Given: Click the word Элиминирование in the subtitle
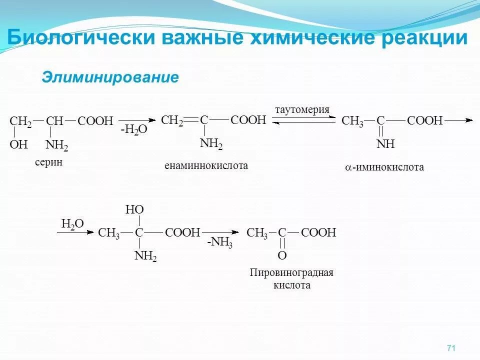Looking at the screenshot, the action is (x=110, y=77).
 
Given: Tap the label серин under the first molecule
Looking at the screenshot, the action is (x=48, y=162).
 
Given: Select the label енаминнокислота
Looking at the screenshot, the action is (x=206, y=165).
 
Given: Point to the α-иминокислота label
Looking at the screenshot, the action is (x=384, y=167).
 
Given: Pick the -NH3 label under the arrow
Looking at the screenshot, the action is (x=220, y=243).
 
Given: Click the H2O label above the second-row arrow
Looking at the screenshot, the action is (x=72, y=223).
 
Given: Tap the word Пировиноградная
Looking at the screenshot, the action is (x=291, y=273).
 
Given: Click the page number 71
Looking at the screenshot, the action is (x=450, y=348).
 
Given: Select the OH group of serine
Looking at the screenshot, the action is (x=18, y=145).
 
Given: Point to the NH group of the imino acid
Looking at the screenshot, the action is (x=385, y=145).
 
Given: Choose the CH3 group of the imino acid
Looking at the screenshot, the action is (x=352, y=121).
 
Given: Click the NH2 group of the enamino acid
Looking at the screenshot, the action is (x=211, y=144).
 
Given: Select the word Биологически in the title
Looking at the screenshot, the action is (x=75, y=38).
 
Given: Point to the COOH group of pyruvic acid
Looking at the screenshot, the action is (x=318, y=233).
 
